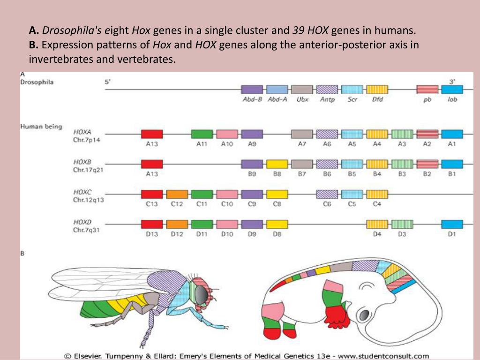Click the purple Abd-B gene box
(x=252, y=90)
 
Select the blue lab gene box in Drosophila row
(x=452, y=90)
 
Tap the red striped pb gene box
(x=427, y=90)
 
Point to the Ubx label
(x=302, y=100)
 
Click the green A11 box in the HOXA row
(x=202, y=134)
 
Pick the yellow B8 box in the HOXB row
(x=277, y=164)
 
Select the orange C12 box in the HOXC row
(x=177, y=194)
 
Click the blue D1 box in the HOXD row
(x=452, y=224)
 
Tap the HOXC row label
(x=82, y=192)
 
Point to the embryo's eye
(x=364, y=313)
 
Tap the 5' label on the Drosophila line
(x=108, y=82)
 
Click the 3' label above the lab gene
(x=452, y=82)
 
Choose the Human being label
(x=41, y=127)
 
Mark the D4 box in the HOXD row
(x=377, y=224)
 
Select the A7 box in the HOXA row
(x=302, y=134)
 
